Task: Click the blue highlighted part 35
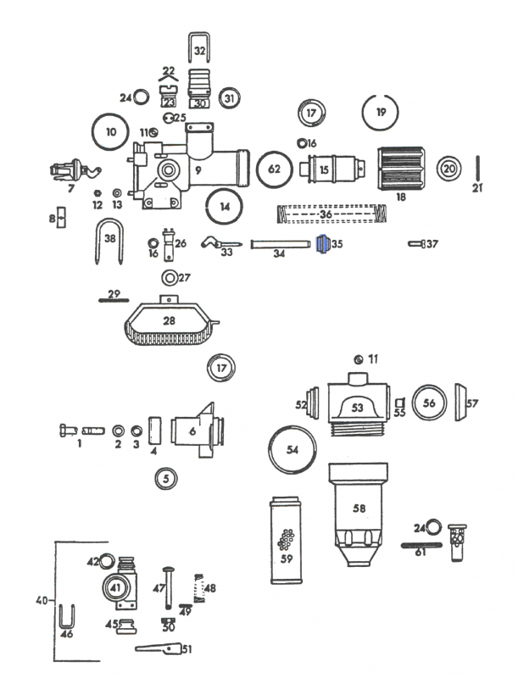click(x=321, y=245)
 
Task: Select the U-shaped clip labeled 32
click(x=199, y=51)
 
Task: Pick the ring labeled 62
click(x=273, y=169)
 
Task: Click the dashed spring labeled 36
click(x=333, y=214)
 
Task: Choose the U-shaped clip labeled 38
click(x=109, y=241)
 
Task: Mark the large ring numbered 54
click(x=292, y=450)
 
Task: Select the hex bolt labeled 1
click(x=69, y=431)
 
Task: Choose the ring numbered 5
click(x=167, y=479)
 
